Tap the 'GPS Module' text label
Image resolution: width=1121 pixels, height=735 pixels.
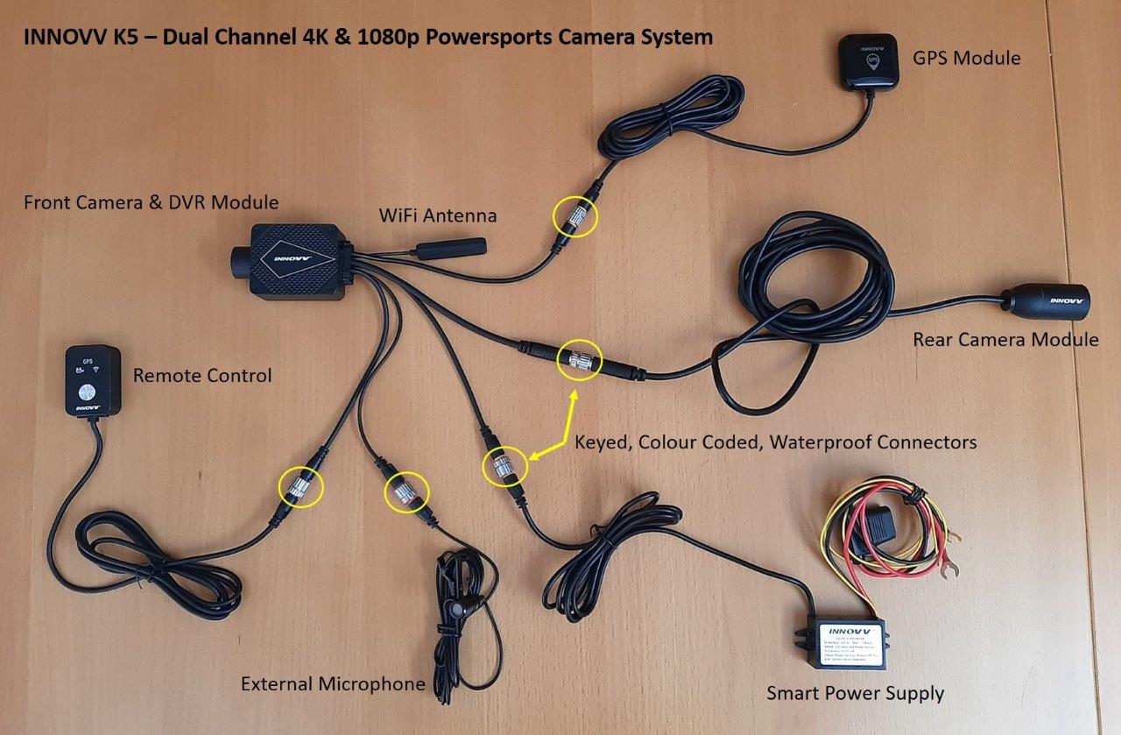point(967,59)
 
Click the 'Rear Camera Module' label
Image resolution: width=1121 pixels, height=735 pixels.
point(1005,340)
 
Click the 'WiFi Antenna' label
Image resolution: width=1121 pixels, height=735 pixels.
point(437,215)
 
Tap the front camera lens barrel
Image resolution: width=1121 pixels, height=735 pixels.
point(241,259)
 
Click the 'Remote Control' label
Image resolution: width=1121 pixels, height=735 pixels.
point(202,376)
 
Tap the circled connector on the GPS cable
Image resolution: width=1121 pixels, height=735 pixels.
point(575,216)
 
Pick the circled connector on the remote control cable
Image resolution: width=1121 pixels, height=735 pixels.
point(301,486)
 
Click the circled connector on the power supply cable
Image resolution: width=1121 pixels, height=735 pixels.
point(505,466)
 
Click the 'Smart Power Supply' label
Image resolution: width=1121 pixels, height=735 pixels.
point(855,694)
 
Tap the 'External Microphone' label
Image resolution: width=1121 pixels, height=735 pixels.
point(333,684)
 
